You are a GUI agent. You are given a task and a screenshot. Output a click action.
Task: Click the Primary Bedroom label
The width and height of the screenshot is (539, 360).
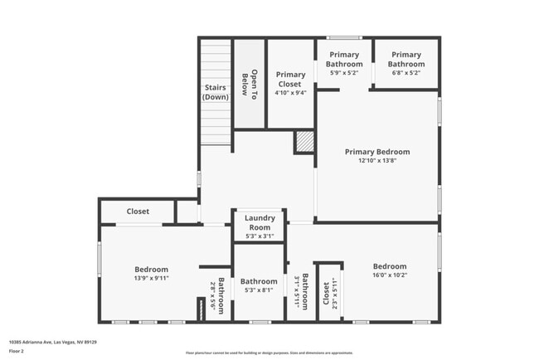pyautogui.click(x=377, y=152)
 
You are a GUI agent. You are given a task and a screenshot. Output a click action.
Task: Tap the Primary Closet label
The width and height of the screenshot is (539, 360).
pyautogui.click(x=290, y=79)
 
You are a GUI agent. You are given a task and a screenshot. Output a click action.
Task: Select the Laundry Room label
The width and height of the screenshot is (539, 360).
pyautogui.click(x=259, y=222)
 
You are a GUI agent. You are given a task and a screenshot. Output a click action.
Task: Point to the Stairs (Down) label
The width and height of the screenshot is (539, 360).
pyautogui.click(x=216, y=92)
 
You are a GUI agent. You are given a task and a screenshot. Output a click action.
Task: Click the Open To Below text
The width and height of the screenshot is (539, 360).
pyautogui.click(x=250, y=82)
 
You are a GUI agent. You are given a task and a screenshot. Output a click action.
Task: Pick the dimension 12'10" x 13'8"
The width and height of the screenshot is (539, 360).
pyautogui.click(x=377, y=162)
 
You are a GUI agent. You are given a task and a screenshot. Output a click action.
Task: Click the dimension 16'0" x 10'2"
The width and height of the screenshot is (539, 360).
pyautogui.click(x=389, y=275)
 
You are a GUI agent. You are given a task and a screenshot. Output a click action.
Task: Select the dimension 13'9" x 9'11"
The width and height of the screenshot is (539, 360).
pyautogui.click(x=152, y=279)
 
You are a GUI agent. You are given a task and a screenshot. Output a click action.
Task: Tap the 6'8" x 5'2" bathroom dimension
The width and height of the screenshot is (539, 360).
pyautogui.click(x=406, y=73)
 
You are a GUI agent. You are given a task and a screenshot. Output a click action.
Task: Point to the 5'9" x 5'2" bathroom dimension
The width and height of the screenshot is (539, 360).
pyautogui.click(x=343, y=73)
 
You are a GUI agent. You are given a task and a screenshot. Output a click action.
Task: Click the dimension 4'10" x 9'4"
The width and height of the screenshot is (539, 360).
pyautogui.click(x=290, y=93)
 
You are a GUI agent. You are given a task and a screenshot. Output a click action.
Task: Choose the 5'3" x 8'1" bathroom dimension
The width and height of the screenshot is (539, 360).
pyautogui.click(x=259, y=291)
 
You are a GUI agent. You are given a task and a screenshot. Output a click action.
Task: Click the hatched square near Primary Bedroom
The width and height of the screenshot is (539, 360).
pyautogui.click(x=304, y=143)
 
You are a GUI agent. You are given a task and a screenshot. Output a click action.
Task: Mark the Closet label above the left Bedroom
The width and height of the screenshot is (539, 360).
pyautogui.click(x=138, y=212)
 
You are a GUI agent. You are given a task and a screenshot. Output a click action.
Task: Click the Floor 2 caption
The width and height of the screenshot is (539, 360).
pyautogui.click(x=17, y=352)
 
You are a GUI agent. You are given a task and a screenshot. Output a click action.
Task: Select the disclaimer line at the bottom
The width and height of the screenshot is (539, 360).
pyautogui.click(x=269, y=353)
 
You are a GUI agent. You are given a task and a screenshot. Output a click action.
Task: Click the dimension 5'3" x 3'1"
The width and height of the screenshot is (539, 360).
pyautogui.click(x=259, y=236)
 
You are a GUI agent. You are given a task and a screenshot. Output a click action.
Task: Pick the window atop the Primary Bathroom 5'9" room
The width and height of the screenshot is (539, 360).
pyautogui.click(x=343, y=37)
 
